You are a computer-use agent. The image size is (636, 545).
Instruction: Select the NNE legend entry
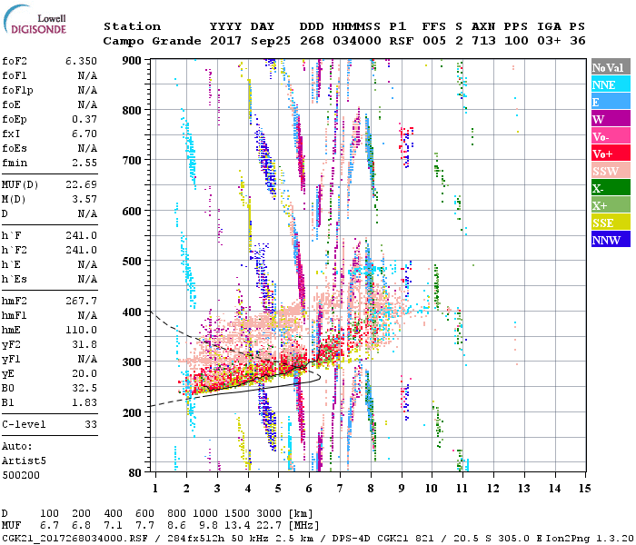point(610,84)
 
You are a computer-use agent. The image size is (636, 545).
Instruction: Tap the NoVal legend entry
point(610,67)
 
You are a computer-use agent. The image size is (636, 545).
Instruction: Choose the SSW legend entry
point(610,171)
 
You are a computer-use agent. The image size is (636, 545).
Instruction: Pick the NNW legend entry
point(610,240)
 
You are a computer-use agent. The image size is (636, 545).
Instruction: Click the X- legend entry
point(610,188)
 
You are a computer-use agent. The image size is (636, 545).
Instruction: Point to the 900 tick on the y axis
point(134,60)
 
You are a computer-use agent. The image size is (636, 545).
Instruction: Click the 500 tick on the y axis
point(134,262)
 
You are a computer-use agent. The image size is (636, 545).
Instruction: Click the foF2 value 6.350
point(80,59)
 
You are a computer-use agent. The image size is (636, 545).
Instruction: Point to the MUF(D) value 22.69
point(80,185)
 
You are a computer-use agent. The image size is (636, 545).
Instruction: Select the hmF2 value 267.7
point(80,300)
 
